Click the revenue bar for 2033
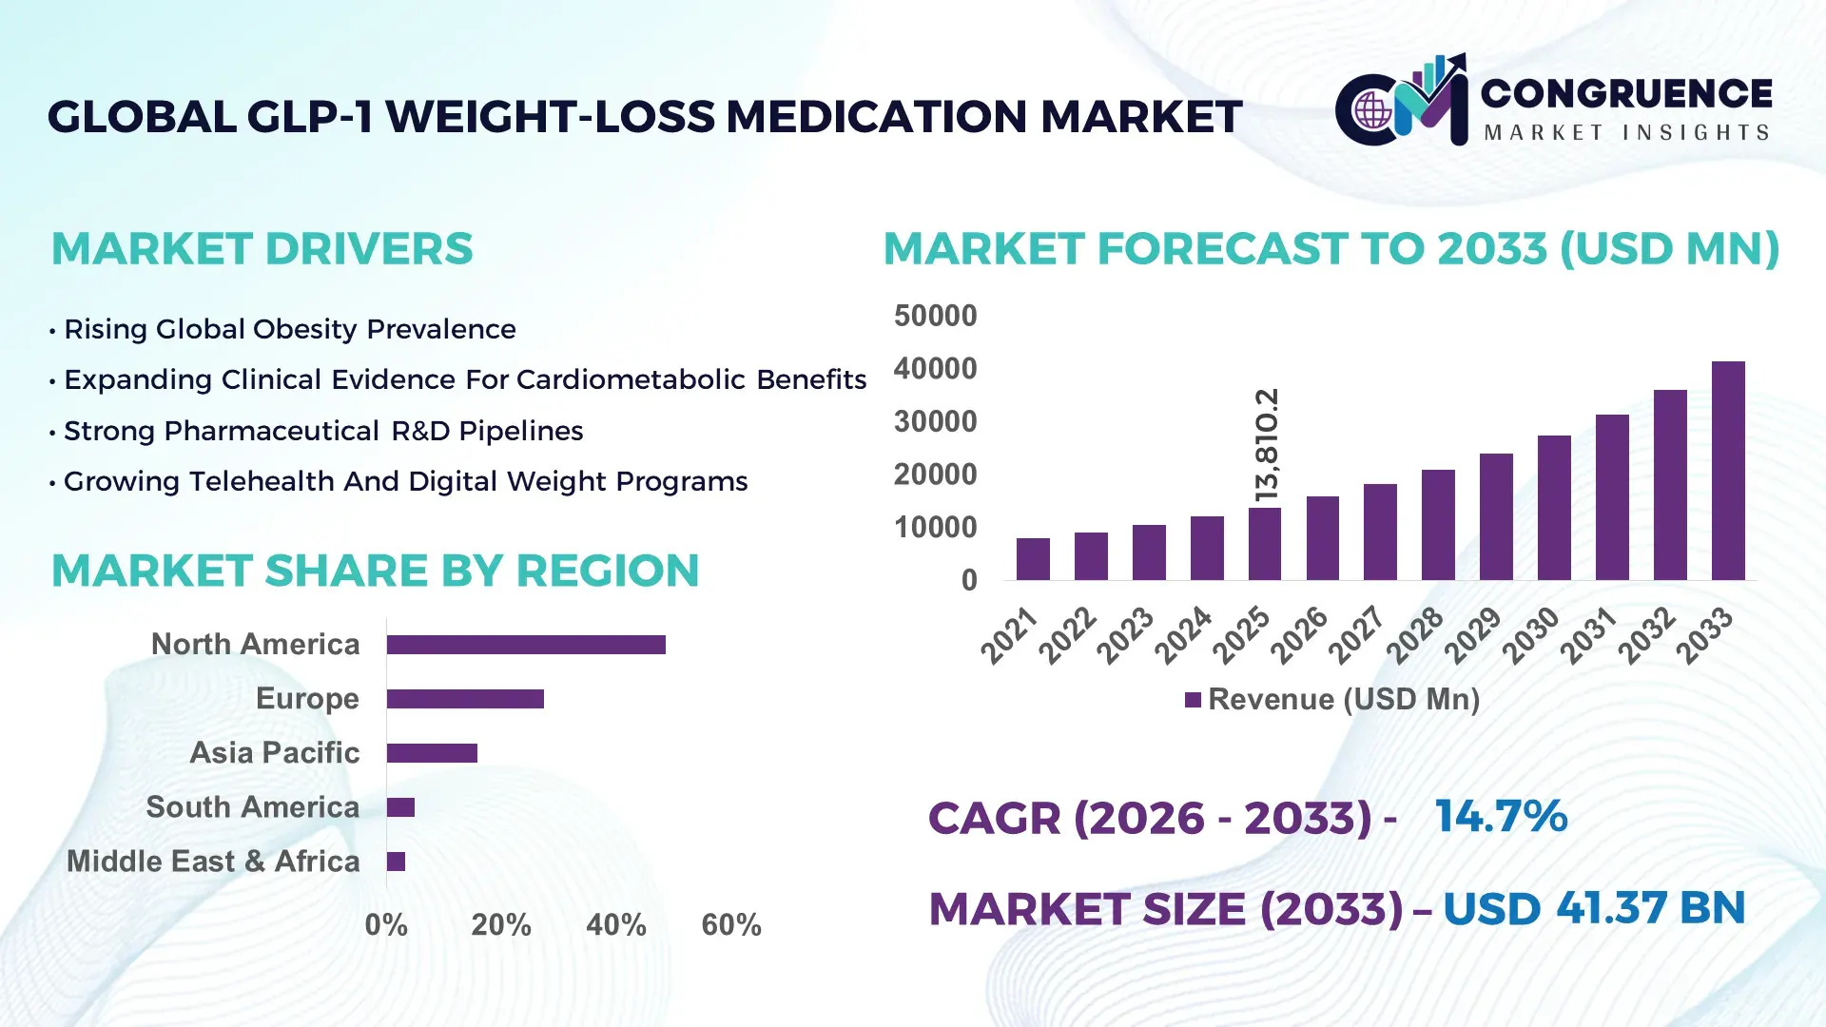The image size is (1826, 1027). click(x=1728, y=471)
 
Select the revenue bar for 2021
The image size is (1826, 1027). click(x=1033, y=559)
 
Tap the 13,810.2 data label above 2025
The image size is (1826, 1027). click(x=1267, y=444)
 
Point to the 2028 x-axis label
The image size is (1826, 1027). click(x=1415, y=635)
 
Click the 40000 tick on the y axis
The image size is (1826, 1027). click(x=935, y=369)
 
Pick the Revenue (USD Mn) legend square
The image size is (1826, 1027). click(x=1193, y=700)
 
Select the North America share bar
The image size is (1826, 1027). click(x=526, y=645)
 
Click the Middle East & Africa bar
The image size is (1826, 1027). click(x=396, y=862)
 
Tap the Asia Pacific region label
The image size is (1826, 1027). click(x=274, y=753)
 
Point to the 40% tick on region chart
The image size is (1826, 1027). click(x=615, y=925)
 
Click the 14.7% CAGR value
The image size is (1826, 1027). click(x=1501, y=817)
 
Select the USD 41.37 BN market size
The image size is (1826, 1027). click(x=1594, y=908)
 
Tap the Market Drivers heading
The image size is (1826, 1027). click(x=262, y=249)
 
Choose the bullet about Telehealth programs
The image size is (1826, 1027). click(x=405, y=481)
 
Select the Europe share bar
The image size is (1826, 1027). click(x=465, y=699)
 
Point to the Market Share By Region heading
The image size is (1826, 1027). click(x=375, y=572)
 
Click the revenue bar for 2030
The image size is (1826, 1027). click(x=1554, y=508)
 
